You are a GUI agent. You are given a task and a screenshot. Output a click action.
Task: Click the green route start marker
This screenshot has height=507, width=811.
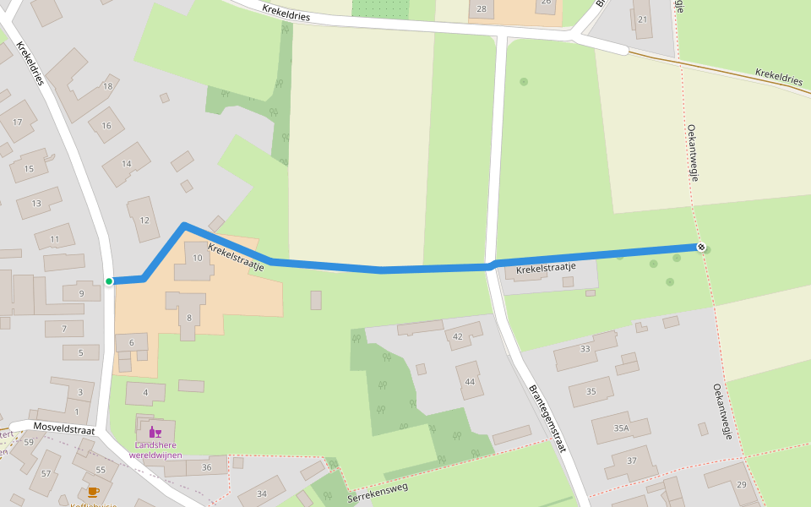(109, 281)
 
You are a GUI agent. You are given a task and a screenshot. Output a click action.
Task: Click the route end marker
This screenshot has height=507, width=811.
(701, 247)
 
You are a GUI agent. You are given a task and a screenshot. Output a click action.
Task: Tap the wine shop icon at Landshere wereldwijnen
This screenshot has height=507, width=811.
(155, 433)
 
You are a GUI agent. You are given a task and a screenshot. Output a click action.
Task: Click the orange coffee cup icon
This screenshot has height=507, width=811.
(93, 490)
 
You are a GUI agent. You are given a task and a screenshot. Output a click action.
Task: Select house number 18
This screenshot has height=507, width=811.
(107, 86)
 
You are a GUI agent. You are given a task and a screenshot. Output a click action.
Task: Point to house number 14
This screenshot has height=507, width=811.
(127, 164)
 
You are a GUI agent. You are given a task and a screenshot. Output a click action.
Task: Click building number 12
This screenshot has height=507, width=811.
(144, 221)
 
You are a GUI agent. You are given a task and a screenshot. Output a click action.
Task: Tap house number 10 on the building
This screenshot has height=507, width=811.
(198, 258)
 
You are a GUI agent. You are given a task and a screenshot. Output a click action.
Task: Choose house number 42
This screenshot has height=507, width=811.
(458, 337)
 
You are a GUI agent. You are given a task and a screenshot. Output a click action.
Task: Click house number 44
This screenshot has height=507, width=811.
(470, 381)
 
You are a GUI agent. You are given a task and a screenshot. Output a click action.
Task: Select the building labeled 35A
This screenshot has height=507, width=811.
(622, 428)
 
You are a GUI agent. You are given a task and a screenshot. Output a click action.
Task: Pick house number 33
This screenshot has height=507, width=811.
(585, 348)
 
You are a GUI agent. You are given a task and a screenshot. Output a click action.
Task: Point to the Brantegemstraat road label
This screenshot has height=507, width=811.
(547, 419)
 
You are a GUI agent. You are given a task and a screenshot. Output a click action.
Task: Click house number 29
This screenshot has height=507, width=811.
(742, 484)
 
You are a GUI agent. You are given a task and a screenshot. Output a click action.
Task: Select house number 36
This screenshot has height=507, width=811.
(206, 467)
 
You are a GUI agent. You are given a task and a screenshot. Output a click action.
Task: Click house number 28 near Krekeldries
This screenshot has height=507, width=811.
(482, 9)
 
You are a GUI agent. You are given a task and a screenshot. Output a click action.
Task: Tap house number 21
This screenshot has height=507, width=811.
(643, 19)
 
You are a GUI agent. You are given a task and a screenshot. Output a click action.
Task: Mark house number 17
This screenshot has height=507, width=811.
(17, 123)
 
